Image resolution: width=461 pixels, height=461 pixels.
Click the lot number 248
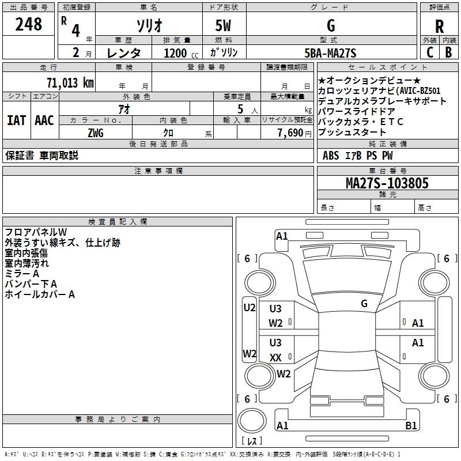click(x=29, y=24)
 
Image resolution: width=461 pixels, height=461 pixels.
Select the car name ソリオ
click(x=148, y=26)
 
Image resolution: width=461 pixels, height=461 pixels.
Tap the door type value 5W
click(x=224, y=26)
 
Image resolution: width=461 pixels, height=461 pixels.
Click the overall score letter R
click(x=439, y=26)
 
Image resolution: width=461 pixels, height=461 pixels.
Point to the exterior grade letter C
click(x=429, y=52)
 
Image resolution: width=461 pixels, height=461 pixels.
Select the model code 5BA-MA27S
click(x=330, y=53)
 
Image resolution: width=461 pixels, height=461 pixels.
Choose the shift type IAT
click(x=16, y=120)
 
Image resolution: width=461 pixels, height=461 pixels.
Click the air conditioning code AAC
click(x=44, y=120)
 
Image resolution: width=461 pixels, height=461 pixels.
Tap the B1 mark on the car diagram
click(x=411, y=426)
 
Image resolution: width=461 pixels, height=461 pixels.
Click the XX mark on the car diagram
click(x=275, y=358)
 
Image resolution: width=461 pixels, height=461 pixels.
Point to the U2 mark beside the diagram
click(x=249, y=308)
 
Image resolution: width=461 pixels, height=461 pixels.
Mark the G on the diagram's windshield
click(x=364, y=303)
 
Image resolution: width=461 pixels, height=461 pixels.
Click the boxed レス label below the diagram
click(x=251, y=441)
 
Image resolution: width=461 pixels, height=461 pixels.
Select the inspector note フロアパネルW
click(x=36, y=232)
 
